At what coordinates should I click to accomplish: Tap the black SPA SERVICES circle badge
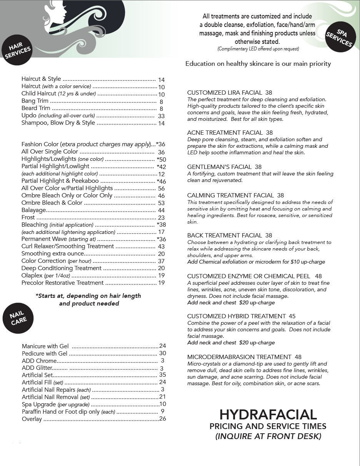339,38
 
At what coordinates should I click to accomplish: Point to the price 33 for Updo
161,116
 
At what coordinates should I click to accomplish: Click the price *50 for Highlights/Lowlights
161,159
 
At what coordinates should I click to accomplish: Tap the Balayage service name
34,210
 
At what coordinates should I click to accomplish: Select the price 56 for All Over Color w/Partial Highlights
161,189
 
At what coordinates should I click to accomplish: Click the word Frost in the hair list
28,217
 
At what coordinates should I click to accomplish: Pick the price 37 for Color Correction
161,261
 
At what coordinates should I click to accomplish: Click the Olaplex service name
32,276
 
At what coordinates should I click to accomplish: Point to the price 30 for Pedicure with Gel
162,353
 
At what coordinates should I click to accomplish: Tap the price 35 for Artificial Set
162,375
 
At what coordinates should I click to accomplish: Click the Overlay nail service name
32,419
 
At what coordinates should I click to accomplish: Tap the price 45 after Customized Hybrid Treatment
292,316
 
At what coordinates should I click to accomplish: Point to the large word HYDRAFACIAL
268,414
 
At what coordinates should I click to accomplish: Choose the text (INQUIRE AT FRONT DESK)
268,436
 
